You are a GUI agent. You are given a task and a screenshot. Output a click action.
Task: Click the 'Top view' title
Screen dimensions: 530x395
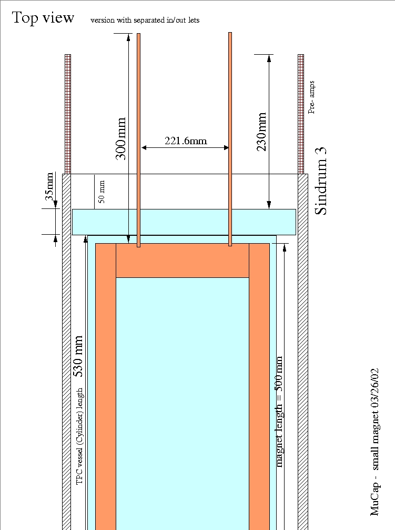(44, 17)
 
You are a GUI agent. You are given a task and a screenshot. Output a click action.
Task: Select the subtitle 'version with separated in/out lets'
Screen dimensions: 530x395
(145, 20)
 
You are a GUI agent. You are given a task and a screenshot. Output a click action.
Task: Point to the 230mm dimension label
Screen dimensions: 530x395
(261, 132)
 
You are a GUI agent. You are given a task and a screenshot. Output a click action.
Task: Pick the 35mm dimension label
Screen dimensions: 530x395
(49, 185)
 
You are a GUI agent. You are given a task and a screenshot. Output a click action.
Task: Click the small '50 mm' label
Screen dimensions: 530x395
(102, 192)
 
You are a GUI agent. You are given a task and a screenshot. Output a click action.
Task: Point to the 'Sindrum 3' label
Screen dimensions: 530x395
(321, 181)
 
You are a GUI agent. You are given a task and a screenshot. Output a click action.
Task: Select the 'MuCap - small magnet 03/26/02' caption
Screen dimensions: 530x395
(374, 441)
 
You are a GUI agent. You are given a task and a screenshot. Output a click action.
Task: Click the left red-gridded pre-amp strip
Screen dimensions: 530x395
(67, 114)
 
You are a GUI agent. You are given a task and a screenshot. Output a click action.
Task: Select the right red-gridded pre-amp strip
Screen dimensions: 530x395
(301, 114)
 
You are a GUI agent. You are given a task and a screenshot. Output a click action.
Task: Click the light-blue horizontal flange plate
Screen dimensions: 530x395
(184, 222)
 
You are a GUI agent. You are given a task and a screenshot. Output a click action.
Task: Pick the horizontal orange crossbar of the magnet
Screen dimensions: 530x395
(182, 261)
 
